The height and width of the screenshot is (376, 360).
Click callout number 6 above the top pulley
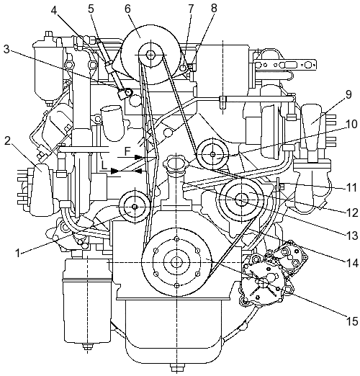[x=127, y=9]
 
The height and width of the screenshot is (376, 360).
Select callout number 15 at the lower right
[x=352, y=321]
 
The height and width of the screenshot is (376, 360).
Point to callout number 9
[x=348, y=95]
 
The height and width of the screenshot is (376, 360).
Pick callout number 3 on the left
[x=6, y=50]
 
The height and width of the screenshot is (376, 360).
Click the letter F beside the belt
[x=127, y=151]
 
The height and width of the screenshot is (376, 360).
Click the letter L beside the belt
[x=104, y=166]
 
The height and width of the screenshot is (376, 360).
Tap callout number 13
[x=352, y=236]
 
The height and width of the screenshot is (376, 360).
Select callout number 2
[x=7, y=141]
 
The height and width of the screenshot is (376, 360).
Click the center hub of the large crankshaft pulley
[x=176, y=262]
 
